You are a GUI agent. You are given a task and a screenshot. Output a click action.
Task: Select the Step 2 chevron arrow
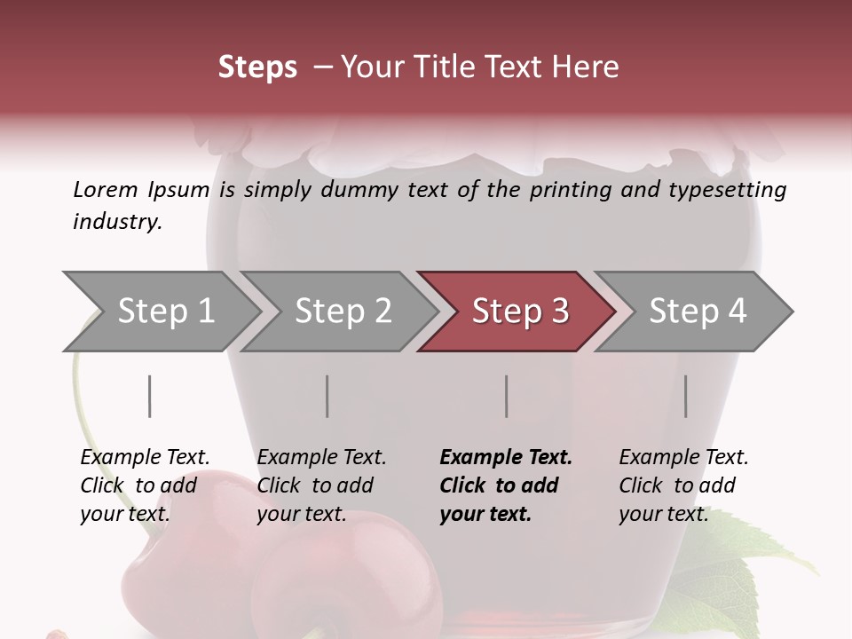[x=343, y=311]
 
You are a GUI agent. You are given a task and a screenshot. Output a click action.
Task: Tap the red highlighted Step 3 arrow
[x=520, y=311]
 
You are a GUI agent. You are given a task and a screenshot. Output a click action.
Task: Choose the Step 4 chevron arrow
[x=698, y=311]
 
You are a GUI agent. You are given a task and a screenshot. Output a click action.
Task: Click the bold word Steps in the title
[x=257, y=67]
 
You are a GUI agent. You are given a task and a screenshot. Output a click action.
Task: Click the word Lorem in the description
[x=106, y=189]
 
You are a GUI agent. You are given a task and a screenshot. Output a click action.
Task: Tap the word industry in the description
[x=117, y=221]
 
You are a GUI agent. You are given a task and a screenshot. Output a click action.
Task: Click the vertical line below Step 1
[x=150, y=396]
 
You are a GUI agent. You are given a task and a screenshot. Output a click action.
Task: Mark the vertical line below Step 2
[x=327, y=396]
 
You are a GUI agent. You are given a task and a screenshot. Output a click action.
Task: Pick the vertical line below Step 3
[x=507, y=396]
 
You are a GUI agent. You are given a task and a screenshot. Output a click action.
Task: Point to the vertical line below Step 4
[x=686, y=396]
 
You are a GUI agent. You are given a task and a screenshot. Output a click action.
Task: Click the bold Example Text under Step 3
[x=506, y=457]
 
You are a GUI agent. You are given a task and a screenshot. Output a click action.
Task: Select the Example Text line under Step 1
[x=145, y=457]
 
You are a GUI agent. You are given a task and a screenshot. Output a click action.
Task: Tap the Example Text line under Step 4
[x=683, y=457]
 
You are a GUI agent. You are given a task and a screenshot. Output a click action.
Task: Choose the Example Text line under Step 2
[x=321, y=457]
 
